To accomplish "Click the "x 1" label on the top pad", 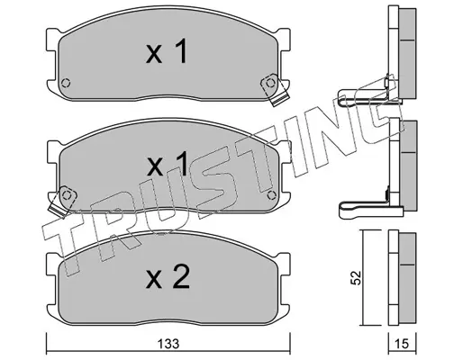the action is click(x=167, y=51).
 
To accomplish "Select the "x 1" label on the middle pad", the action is click(x=167, y=164).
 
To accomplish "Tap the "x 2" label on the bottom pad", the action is click(x=168, y=276).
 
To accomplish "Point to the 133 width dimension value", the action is click(x=168, y=344).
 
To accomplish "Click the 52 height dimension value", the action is click(x=357, y=277).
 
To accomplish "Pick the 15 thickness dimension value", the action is click(x=402, y=344).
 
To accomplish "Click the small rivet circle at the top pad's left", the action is click(x=66, y=83).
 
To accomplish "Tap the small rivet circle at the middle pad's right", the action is click(x=271, y=195).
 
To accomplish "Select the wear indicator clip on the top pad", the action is click(x=274, y=88).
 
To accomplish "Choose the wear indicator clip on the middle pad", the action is click(x=62, y=201).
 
